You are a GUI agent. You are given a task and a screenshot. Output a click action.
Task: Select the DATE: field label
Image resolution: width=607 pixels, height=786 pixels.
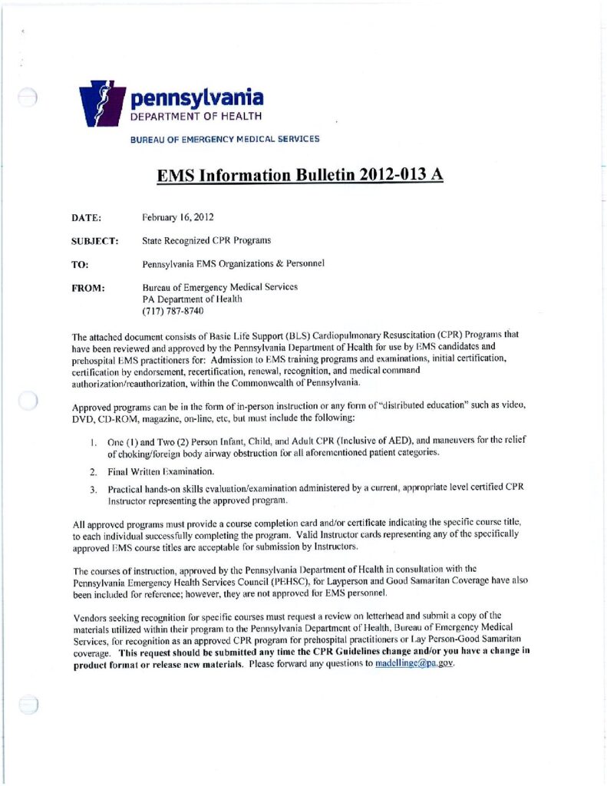tap(87, 218)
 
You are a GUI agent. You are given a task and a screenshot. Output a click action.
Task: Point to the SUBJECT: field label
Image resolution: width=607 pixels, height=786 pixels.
tap(94, 241)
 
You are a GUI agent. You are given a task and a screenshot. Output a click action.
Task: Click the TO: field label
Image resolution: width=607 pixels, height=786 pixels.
tap(80, 264)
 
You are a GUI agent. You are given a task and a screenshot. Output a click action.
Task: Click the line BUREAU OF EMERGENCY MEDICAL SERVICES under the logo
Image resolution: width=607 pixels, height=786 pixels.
tap(225, 139)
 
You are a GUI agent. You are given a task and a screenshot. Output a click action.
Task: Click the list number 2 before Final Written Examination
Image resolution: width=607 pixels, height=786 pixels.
tap(92, 471)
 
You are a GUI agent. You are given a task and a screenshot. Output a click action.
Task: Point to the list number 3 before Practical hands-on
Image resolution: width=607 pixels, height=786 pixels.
tap(92, 489)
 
